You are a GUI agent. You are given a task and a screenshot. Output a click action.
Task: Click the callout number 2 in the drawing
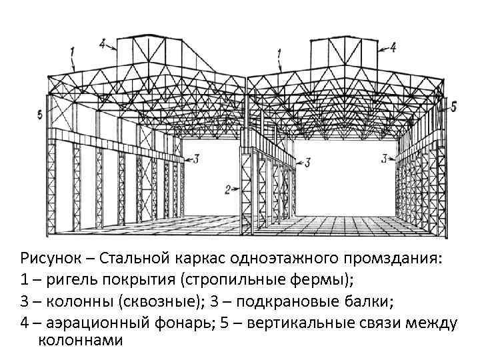(227, 189)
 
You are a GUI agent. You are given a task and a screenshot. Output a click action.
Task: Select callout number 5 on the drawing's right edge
(453, 106)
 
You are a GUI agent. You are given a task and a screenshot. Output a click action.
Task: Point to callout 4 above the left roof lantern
(103, 44)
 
